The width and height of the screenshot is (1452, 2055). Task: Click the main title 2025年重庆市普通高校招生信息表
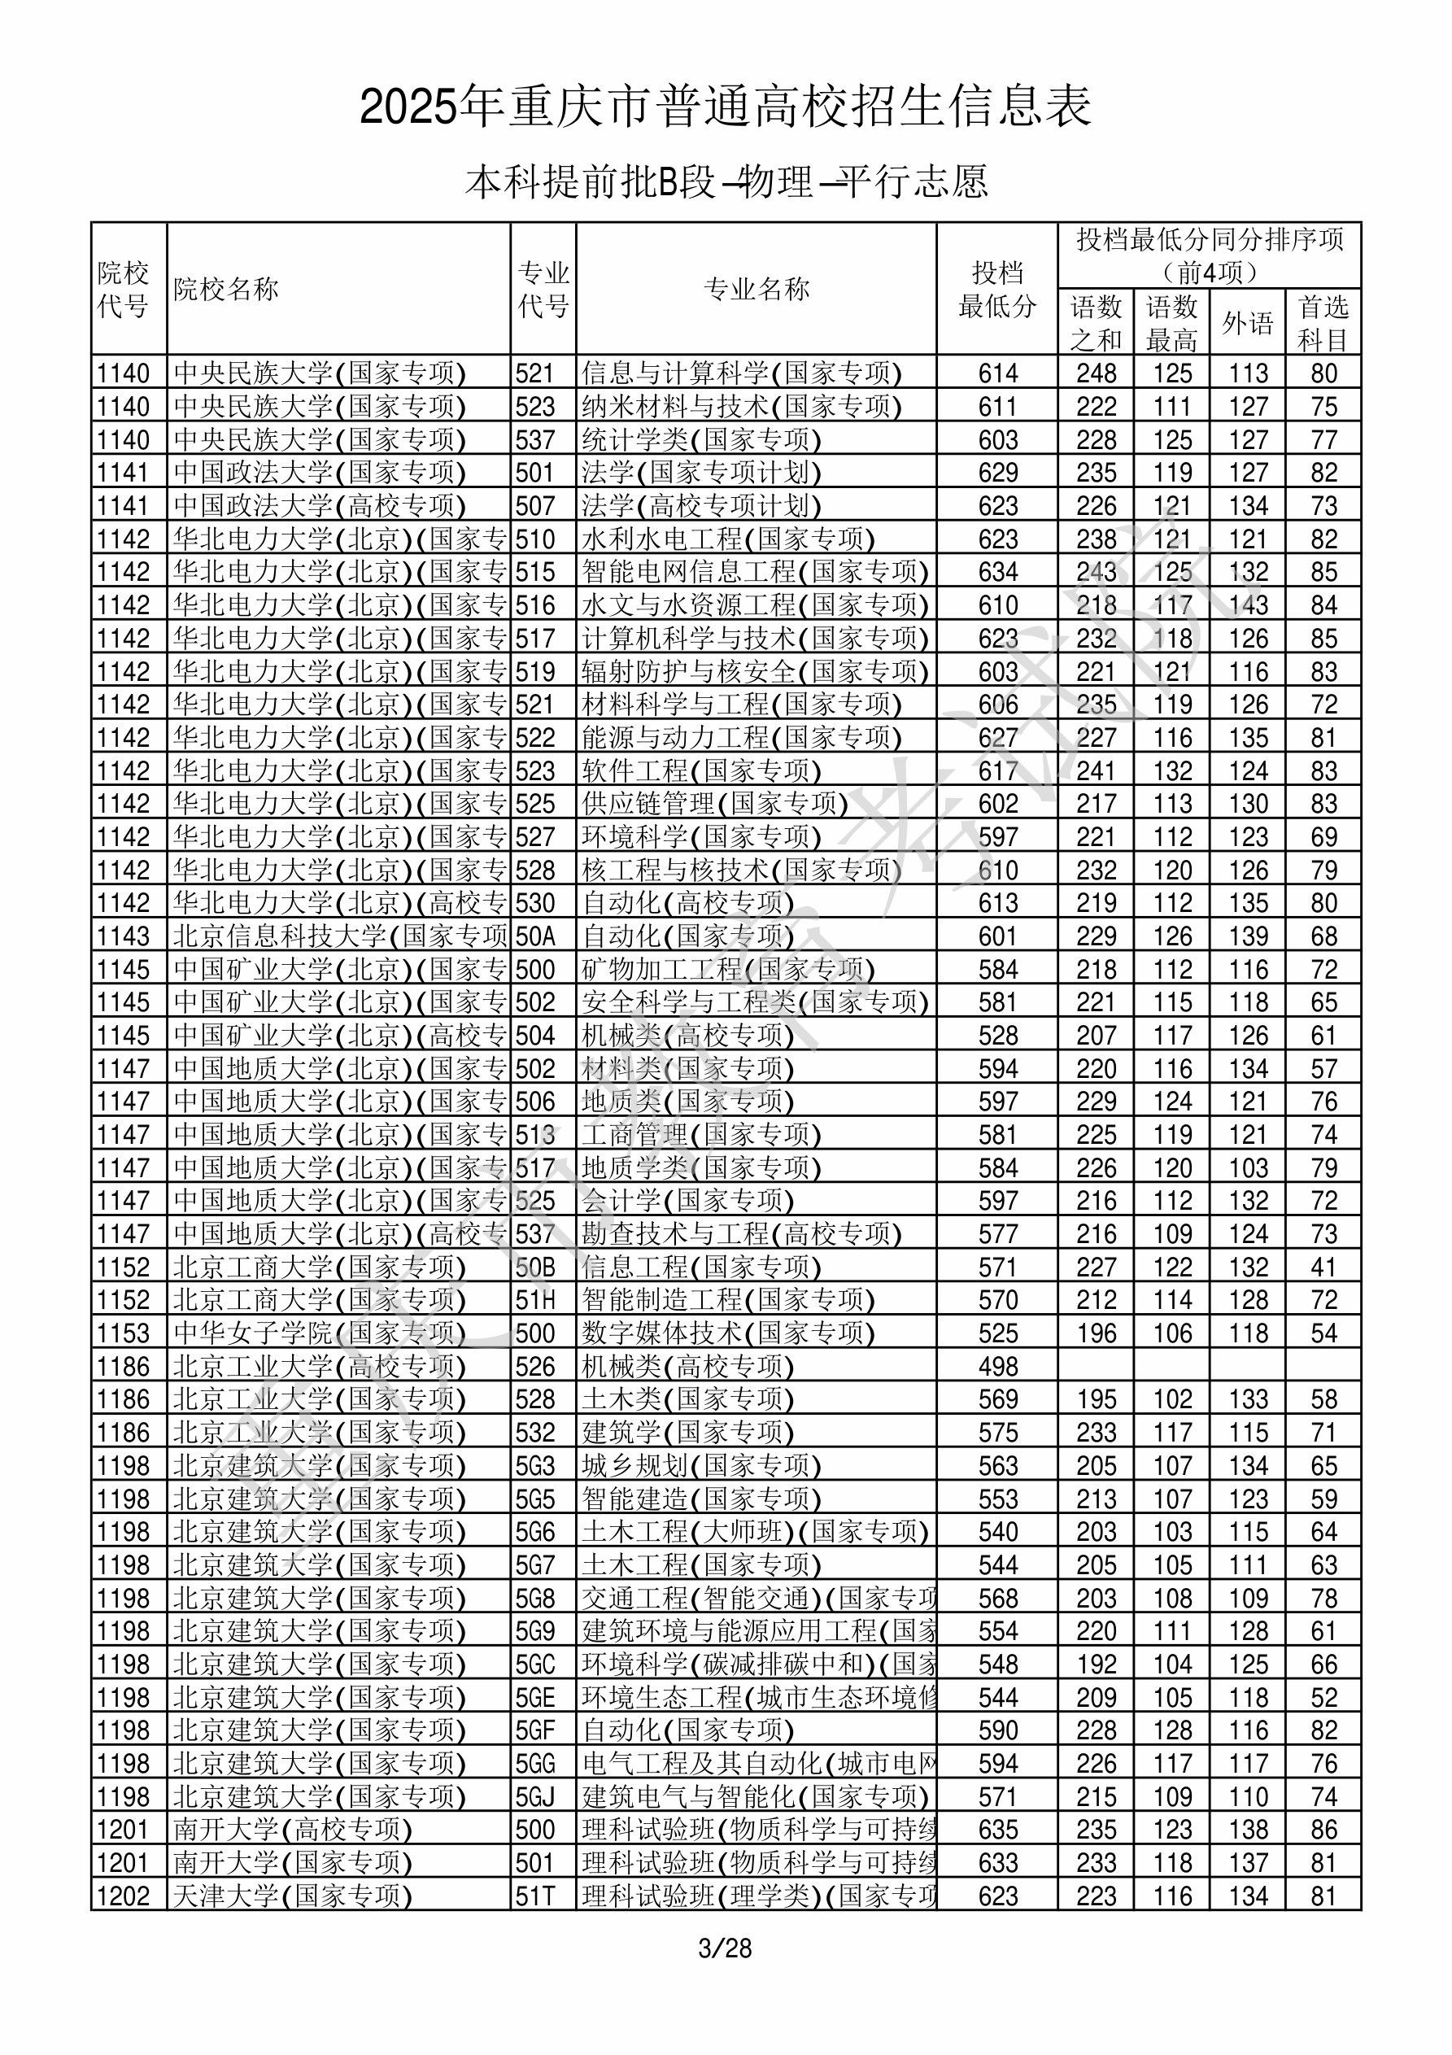tap(726, 107)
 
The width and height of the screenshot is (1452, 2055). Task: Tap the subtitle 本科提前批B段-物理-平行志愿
tap(726, 181)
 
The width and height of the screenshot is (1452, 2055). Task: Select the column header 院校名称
tap(226, 289)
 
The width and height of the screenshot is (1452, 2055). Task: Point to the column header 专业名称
tap(757, 289)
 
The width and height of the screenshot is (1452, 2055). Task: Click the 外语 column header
tap(1248, 323)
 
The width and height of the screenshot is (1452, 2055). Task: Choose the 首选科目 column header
tap(1323, 323)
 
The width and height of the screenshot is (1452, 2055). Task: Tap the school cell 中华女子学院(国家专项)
tap(320, 1333)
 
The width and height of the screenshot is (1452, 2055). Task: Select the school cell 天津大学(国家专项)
tap(293, 1895)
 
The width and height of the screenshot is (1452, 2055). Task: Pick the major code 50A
tap(535, 936)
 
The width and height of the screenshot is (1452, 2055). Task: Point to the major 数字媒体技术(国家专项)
tap(728, 1333)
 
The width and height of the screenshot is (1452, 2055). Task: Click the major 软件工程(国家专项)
tap(701, 770)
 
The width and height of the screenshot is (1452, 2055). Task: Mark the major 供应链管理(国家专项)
tap(714, 803)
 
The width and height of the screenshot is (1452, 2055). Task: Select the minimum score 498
tap(998, 1367)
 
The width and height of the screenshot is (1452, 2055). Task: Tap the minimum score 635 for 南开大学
tap(998, 1830)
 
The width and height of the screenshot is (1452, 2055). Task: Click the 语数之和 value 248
tap(1097, 373)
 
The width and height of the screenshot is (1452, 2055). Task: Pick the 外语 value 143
tap(1248, 605)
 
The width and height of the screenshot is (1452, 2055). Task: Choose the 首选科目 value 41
tap(1323, 1267)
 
